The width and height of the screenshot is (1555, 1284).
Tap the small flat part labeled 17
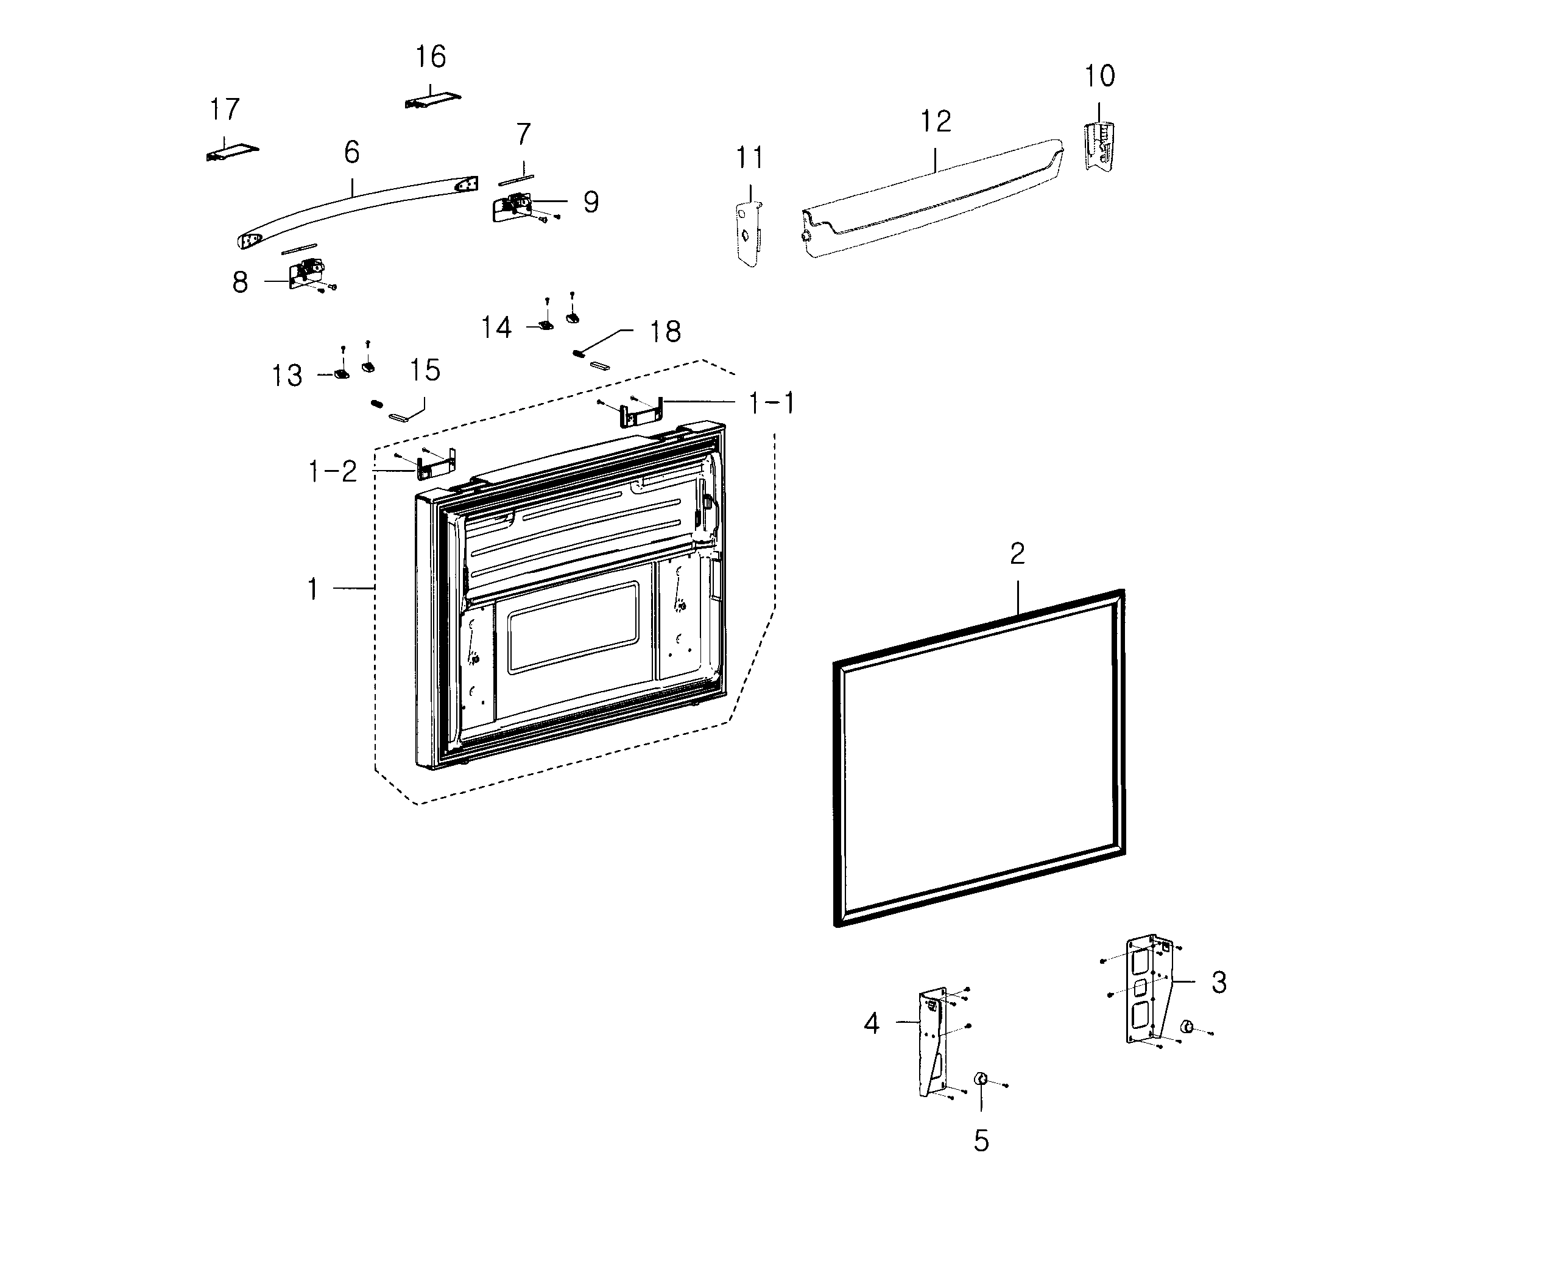[x=232, y=152]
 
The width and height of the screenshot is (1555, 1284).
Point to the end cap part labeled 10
[x=1099, y=147]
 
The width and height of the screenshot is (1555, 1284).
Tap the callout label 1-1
[x=772, y=404]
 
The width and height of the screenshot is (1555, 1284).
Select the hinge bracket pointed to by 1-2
[x=437, y=465]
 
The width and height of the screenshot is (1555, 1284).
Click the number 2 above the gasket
[x=1017, y=553]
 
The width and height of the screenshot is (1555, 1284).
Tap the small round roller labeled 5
[x=981, y=1079]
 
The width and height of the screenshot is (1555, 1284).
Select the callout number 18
[x=665, y=332]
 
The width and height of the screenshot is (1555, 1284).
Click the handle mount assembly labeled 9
[x=512, y=208]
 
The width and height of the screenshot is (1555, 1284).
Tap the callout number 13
[x=287, y=376]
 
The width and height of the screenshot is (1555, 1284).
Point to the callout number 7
[x=523, y=135]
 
